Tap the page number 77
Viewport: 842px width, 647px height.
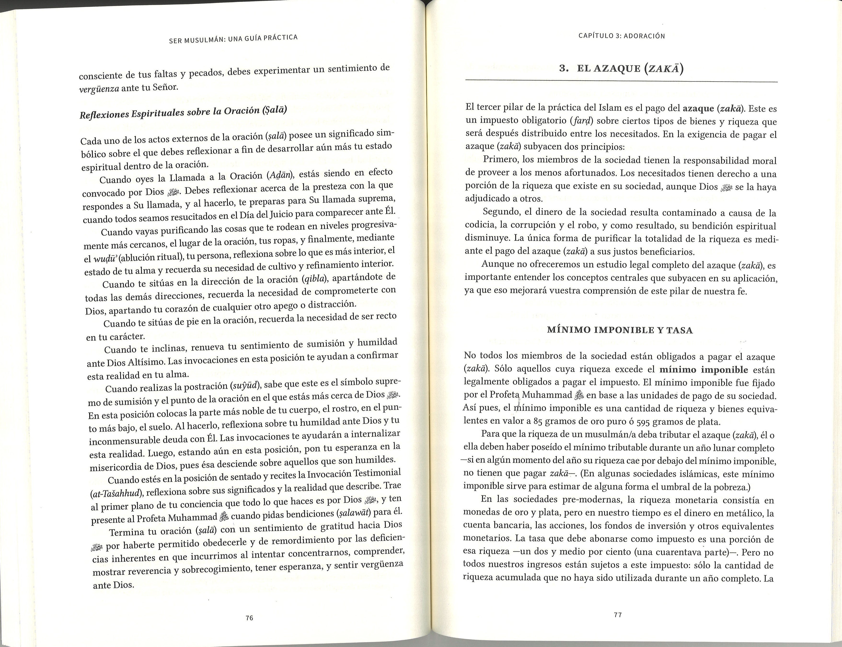pos(618,615)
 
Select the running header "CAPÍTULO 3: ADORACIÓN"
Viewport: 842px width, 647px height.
pos(622,36)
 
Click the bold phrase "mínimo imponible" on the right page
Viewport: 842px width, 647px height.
pos(704,370)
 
